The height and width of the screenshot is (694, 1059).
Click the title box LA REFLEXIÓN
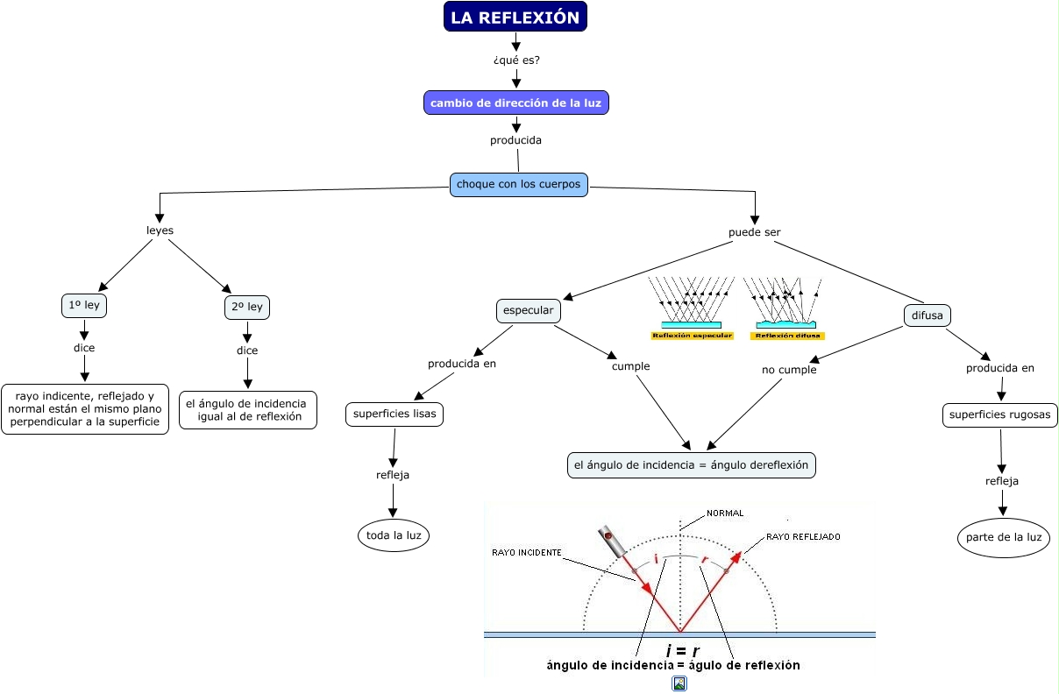(515, 18)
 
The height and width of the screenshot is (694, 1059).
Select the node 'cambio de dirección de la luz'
(515, 103)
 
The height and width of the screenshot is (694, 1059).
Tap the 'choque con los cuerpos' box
(518, 185)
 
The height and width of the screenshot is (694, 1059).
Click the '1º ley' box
(85, 306)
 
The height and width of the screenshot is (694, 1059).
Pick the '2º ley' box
(247, 308)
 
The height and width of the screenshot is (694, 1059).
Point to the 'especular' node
(528, 311)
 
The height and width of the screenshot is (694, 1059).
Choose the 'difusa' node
(927, 315)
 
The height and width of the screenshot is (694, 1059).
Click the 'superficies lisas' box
(394, 414)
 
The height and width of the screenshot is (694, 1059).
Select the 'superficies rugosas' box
(1000, 414)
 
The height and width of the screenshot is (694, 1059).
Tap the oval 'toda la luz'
(394, 535)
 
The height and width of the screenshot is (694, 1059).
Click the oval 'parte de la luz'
(1004, 537)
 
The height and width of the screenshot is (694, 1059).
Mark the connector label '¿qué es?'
(516, 60)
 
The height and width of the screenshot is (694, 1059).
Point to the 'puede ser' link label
(754, 232)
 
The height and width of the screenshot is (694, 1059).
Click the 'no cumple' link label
(789, 370)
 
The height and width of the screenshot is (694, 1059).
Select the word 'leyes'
(160, 230)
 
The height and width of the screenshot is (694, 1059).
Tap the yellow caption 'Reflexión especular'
(692, 336)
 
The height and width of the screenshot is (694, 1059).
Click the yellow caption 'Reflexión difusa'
(787, 336)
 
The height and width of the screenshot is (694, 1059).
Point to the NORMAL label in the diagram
(725, 513)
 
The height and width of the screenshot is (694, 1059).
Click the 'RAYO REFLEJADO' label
(803, 536)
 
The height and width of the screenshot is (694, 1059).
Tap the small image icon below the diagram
(679, 683)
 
